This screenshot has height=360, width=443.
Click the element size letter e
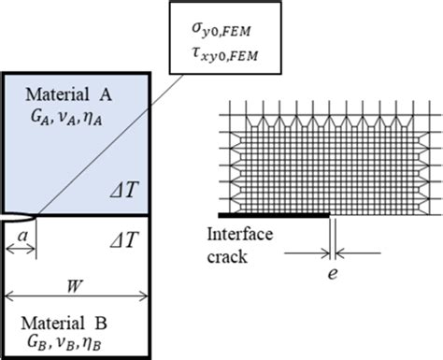pyautogui.click(x=336, y=281)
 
